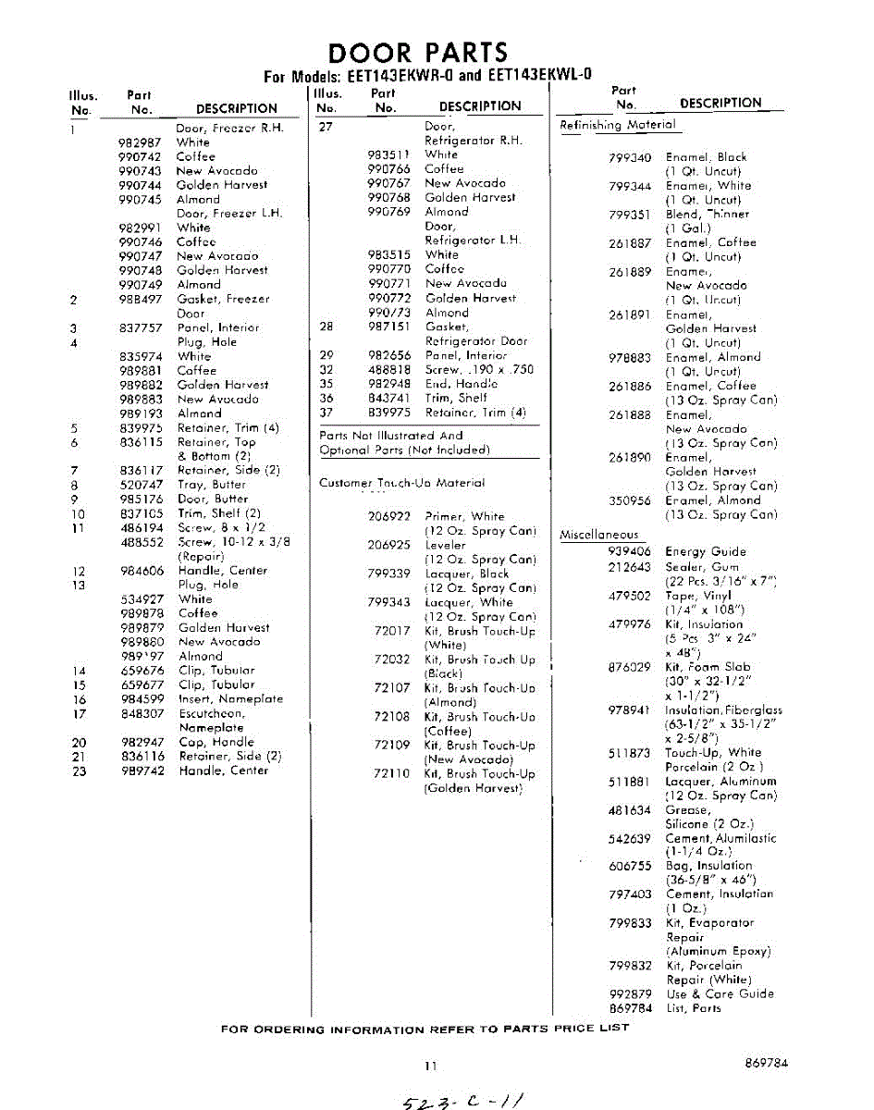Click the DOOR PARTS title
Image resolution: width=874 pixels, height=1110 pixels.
(418, 52)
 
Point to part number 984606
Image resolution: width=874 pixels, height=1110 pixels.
(142, 571)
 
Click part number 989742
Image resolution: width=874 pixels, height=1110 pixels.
(142, 771)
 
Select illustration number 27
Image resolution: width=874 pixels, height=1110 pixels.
(326, 127)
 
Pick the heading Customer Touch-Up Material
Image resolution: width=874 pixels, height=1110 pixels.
(401, 483)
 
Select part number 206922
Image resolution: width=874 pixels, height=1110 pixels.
(389, 517)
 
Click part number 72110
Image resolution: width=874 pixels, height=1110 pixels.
(392, 774)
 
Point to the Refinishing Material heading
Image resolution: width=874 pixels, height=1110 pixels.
(618, 125)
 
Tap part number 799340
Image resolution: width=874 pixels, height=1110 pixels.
(631, 157)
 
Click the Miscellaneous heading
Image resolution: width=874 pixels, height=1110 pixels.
(599, 535)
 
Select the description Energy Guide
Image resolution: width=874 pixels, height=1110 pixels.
(705, 551)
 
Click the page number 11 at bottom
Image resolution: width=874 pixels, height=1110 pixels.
(430, 1066)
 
